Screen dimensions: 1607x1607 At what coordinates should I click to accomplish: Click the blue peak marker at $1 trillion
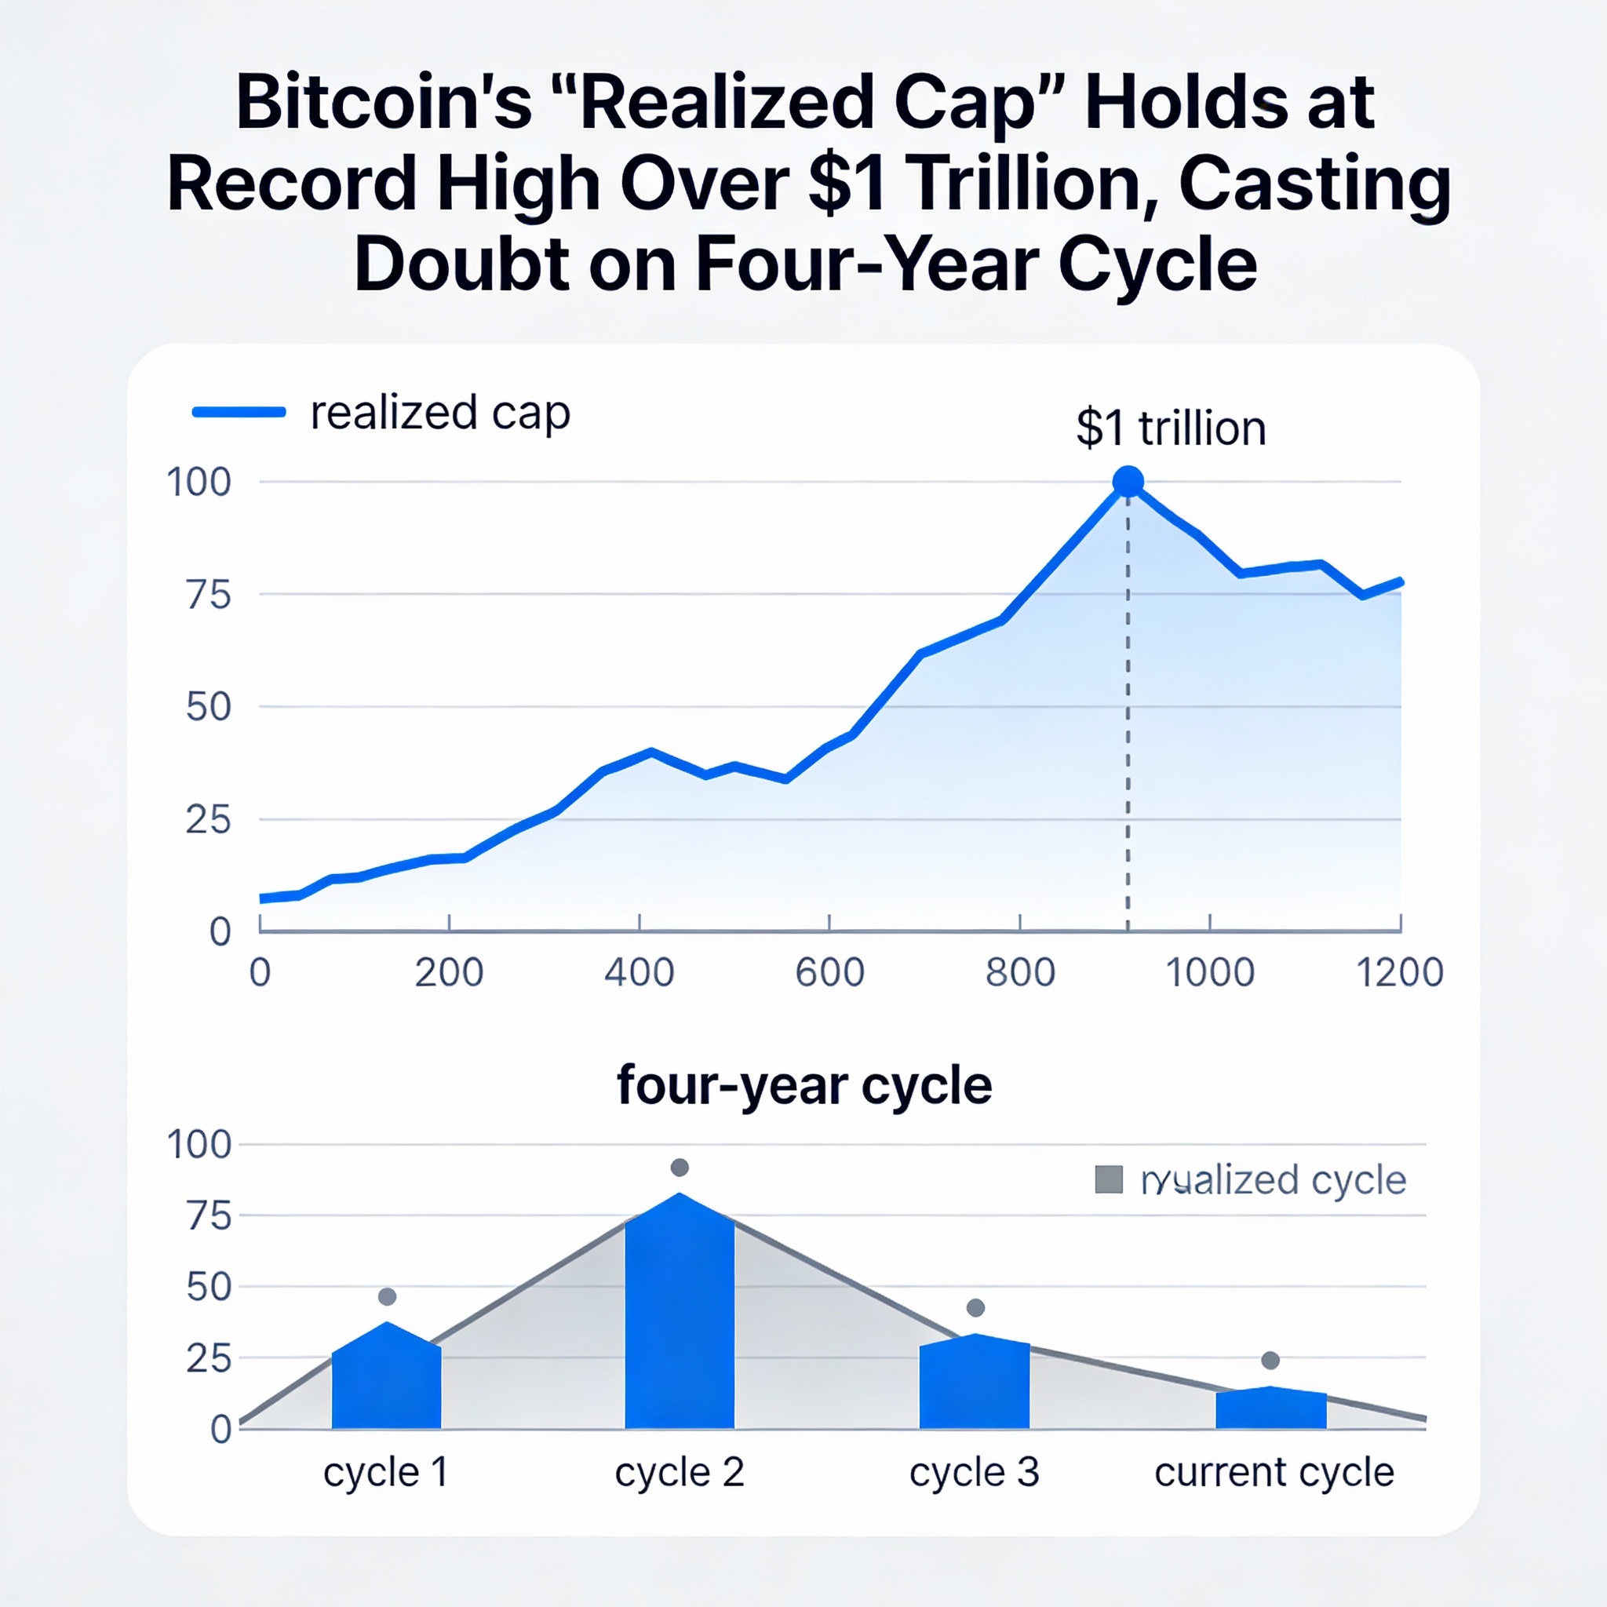point(1128,481)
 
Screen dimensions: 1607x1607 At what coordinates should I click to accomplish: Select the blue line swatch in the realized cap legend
point(239,412)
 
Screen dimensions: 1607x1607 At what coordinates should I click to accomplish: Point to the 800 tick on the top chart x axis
point(1020,971)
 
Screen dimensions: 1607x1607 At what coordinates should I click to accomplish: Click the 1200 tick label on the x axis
point(1400,971)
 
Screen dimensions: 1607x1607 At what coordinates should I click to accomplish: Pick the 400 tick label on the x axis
point(639,971)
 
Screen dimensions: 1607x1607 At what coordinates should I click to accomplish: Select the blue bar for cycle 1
point(386,1382)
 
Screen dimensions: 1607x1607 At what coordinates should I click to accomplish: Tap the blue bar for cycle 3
point(974,1388)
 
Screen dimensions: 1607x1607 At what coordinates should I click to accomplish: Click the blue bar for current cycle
point(1270,1411)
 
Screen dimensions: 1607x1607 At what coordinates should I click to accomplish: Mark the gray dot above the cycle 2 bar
point(680,1168)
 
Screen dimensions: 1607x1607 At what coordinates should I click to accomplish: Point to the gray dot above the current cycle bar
point(1270,1361)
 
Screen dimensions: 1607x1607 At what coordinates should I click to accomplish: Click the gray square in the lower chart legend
point(1109,1179)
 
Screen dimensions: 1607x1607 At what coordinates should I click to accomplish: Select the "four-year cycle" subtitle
point(803,1086)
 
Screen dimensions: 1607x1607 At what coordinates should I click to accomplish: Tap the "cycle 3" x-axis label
point(974,1472)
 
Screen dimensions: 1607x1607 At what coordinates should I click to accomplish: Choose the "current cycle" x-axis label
point(1274,1472)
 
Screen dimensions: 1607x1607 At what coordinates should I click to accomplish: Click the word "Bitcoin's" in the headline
point(384,103)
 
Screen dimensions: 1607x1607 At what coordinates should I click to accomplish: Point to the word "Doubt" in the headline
point(461,264)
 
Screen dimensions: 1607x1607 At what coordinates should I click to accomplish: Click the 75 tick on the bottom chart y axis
point(208,1216)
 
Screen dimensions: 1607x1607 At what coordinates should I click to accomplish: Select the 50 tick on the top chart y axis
point(208,707)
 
